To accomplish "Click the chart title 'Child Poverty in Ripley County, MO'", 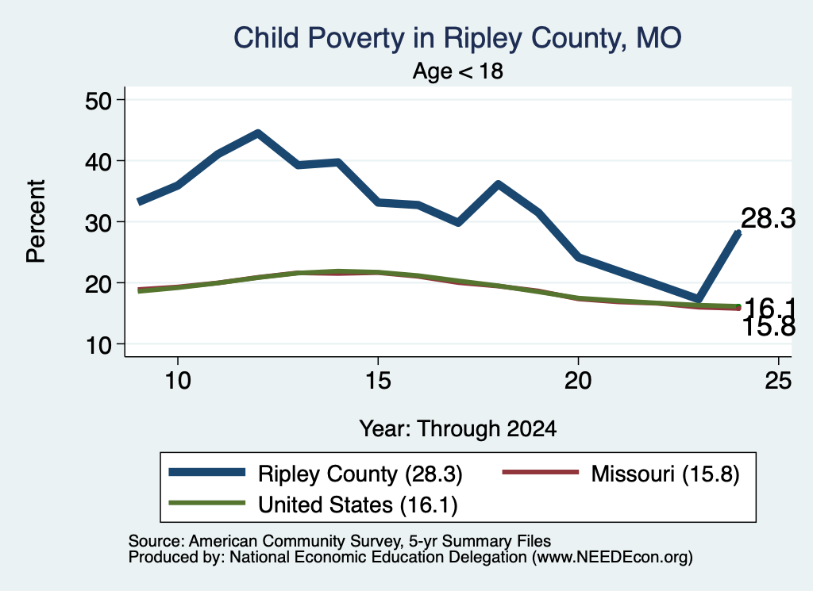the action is pyautogui.click(x=457, y=38).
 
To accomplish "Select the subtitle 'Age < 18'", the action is pyautogui.click(x=458, y=71).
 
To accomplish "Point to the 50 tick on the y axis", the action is pyautogui.click(x=98, y=101).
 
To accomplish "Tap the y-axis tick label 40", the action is pyautogui.click(x=98, y=162).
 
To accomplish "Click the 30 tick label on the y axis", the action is pyautogui.click(x=98, y=223).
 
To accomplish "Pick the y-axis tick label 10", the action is pyautogui.click(x=98, y=345).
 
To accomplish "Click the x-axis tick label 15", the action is pyautogui.click(x=378, y=381).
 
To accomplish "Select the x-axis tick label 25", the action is pyautogui.click(x=778, y=381).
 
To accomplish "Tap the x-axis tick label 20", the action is pyautogui.click(x=578, y=381).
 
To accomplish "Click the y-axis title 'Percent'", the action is pyautogui.click(x=37, y=221).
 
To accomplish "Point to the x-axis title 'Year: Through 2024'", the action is pyautogui.click(x=458, y=429).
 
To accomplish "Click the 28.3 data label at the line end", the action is pyautogui.click(x=768, y=218).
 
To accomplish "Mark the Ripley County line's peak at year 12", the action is pyautogui.click(x=258, y=133).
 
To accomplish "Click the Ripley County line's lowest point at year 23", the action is pyautogui.click(x=699, y=298).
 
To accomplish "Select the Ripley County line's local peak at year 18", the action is pyautogui.click(x=498, y=184).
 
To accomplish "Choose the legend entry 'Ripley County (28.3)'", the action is pyautogui.click(x=316, y=474).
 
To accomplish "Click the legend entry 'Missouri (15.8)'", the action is pyautogui.click(x=621, y=474).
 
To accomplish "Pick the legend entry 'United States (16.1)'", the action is pyautogui.click(x=313, y=505).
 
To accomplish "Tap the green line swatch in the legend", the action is pyautogui.click(x=207, y=503).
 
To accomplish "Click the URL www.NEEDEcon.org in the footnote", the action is pyautogui.click(x=612, y=558).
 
